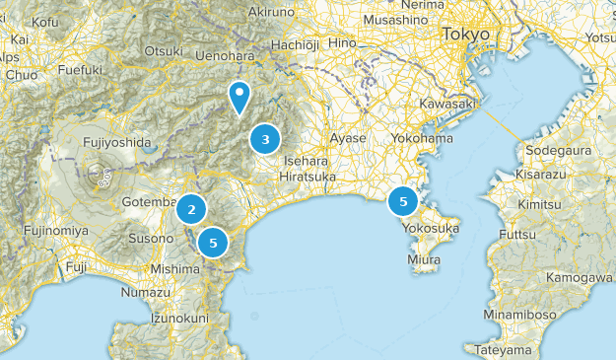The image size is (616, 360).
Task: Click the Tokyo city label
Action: click(465, 35)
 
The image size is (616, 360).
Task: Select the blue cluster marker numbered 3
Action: click(265, 139)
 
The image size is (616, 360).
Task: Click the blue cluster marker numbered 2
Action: click(191, 209)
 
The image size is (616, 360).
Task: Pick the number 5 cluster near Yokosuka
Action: click(402, 201)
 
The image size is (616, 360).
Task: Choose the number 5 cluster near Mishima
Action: click(213, 242)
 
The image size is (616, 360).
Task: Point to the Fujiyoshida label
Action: click(117, 142)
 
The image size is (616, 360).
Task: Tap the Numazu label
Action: click(145, 293)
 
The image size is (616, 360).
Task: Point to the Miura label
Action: click(424, 259)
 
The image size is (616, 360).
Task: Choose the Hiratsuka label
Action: click(308, 177)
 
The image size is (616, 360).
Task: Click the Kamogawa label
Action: click(580, 277)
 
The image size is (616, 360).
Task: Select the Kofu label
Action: click(45, 21)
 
